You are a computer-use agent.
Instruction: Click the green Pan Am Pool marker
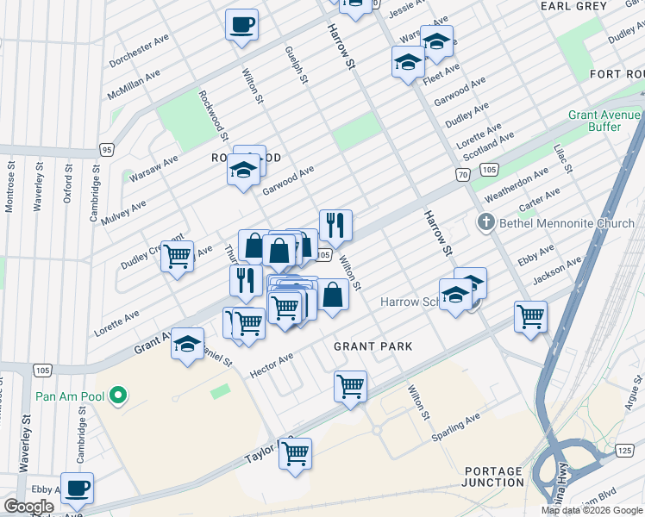click(x=120, y=397)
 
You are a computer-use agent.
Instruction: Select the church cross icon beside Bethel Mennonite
click(x=485, y=223)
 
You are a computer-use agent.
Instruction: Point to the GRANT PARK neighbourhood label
click(x=373, y=346)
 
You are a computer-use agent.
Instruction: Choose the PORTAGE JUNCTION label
click(x=493, y=477)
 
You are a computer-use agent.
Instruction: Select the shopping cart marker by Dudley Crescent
click(x=177, y=256)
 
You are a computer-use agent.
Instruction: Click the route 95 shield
click(x=107, y=148)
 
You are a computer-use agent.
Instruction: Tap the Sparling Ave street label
click(x=456, y=427)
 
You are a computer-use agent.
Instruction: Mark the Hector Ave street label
click(x=272, y=364)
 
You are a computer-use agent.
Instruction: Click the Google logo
click(x=29, y=506)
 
